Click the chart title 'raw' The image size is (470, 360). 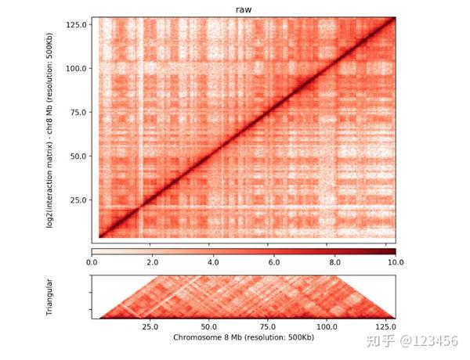(244, 10)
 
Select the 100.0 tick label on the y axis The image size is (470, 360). (76, 68)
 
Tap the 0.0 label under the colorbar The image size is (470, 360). (92, 264)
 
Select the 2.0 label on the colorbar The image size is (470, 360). (153, 264)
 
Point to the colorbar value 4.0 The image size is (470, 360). (213, 264)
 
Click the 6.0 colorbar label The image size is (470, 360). (274, 264)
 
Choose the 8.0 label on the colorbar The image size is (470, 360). (334, 264)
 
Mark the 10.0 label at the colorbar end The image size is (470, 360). (393, 264)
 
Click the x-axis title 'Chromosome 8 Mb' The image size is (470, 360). (244, 339)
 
